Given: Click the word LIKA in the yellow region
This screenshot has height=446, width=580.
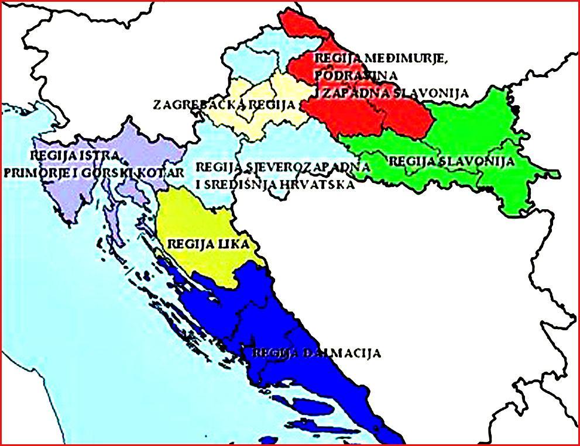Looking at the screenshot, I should click(234, 243).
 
